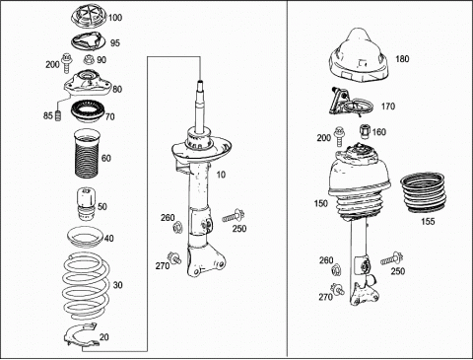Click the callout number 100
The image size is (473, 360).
(115, 17)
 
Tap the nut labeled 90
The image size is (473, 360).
(89, 60)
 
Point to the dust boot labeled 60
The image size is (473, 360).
(86, 153)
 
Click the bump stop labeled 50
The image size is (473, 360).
(86, 204)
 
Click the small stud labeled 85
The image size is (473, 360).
(59, 115)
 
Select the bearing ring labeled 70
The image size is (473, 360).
(88, 112)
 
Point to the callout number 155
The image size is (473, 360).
(428, 221)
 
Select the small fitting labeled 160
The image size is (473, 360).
(365, 131)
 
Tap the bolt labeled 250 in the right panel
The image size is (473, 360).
(392, 258)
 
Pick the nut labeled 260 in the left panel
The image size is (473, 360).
(177, 227)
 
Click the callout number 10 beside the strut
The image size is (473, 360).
(221, 175)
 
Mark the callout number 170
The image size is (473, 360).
(388, 107)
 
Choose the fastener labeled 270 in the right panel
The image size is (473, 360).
(337, 289)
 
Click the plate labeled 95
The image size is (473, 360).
(87, 41)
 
